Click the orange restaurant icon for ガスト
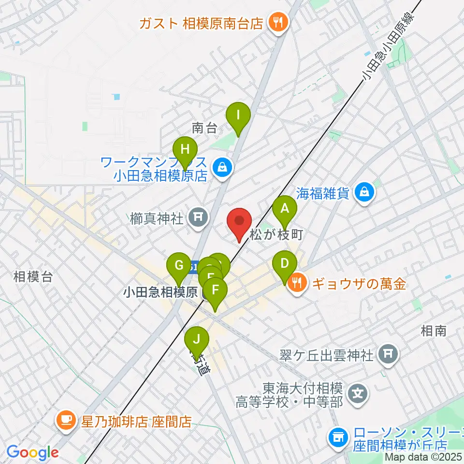pos(278,23)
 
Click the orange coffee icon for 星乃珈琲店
pos(65,420)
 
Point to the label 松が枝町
pos(276,235)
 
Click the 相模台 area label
pos(32,277)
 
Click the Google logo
pos(32,452)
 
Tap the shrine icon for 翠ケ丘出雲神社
pos(387,355)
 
